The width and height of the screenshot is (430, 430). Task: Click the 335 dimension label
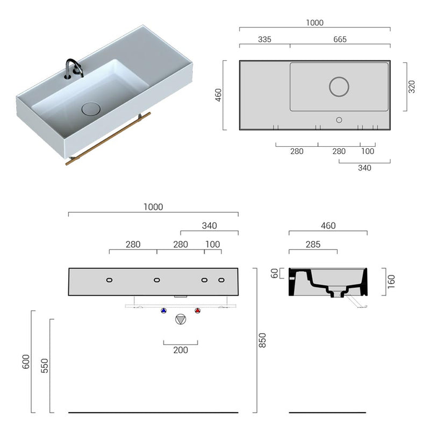(x=264, y=39)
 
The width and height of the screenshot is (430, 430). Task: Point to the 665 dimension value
(x=340, y=39)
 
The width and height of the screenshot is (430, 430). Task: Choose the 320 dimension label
(x=412, y=87)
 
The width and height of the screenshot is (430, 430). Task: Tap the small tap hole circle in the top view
(x=339, y=119)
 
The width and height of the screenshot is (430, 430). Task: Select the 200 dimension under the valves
(x=181, y=350)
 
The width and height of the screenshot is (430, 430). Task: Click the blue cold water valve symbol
(x=164, y=311)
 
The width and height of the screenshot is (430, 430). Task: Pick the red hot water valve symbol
(x=197, y=311)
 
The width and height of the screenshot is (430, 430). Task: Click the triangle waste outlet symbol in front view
(x=181, y=319)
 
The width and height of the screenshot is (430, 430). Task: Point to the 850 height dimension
(x=263, y=340)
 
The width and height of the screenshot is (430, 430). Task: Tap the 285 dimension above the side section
(x=313, y=245)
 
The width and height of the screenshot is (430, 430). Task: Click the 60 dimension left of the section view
(x=275, y=274)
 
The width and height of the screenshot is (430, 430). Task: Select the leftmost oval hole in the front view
(x=109, y=280)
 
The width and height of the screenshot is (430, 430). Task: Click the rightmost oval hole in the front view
(x=221, y=280)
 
